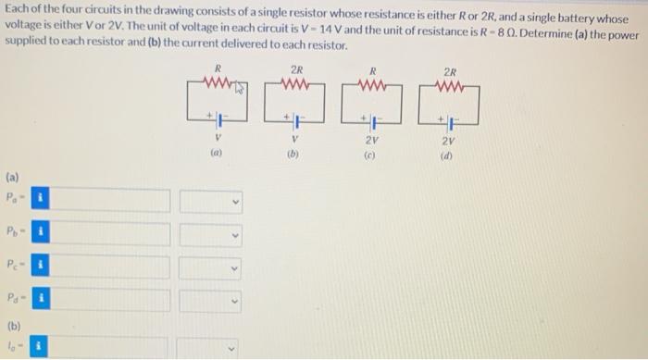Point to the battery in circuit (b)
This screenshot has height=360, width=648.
(294, 120)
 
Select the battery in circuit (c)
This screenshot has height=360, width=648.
(372, 120)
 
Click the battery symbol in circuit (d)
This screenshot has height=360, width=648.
(449, 120)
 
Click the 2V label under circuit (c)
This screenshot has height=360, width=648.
(371, 142)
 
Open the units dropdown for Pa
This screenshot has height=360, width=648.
(212, 199)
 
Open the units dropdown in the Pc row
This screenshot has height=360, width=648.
(212, 267)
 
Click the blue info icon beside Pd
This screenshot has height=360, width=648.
(40, 300)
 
